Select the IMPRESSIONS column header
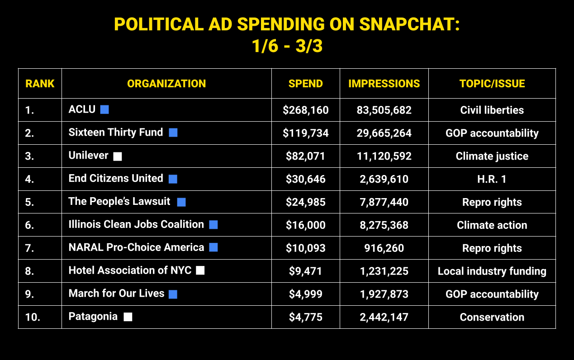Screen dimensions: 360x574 (x=384, y=84)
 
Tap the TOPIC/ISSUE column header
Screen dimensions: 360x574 (x=492, y=84)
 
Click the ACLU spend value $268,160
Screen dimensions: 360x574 (x=305, y=110)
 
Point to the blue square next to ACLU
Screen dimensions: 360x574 (x=104, y=109)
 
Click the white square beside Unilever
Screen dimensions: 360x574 (x=118, y=156)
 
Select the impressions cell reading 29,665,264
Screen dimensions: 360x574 (x=384, y=133)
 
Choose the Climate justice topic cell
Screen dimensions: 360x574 (x=492, y=156)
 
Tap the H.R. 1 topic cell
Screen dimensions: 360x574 (x=492, y=180)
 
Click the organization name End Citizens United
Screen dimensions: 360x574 (x=116, y=178)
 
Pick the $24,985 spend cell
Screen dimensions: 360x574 (x=305, y=202)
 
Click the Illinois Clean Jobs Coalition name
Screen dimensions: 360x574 (x=136, y=224)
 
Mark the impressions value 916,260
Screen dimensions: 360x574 (x=384, y=248)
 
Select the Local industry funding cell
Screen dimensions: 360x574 (x=492, y=271)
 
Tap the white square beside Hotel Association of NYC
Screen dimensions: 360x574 (x=200, y=270)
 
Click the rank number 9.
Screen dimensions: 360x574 (x=29, y=294)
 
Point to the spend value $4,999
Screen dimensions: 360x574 (x=305, y=294)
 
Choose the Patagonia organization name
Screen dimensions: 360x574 (x=93, y=317)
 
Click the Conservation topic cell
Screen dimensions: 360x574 (x=492, y=317)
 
